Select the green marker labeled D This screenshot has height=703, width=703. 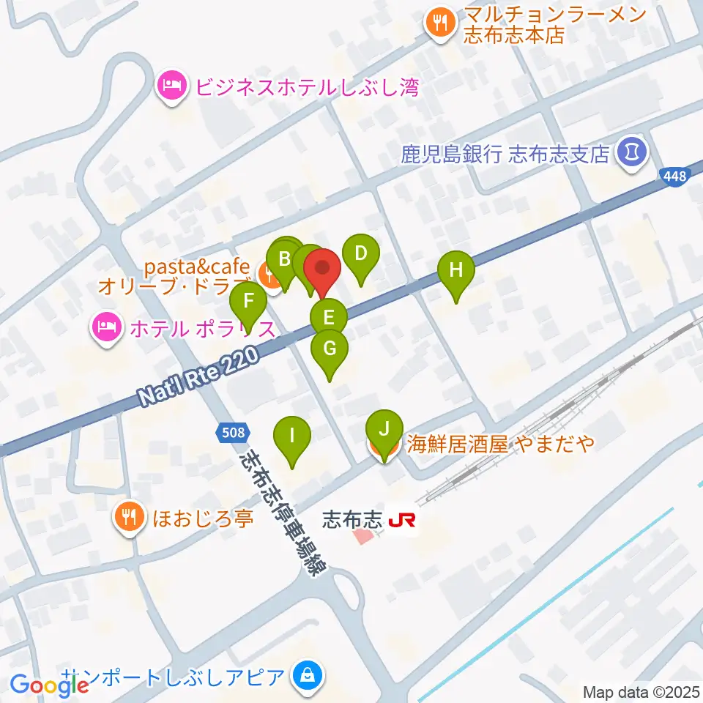(360, 254)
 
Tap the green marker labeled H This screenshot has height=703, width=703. (456, 270)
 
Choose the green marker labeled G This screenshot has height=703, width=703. (330, 349)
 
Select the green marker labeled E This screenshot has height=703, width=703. (329, 318)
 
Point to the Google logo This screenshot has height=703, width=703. (50, 685)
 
